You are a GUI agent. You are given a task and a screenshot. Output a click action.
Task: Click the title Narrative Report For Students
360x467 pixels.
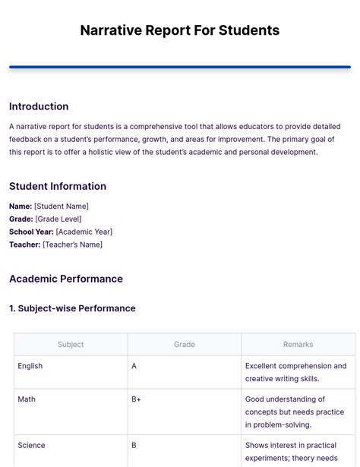click(x=180, y=30)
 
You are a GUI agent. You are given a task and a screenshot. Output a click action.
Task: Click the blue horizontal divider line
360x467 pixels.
click(x=180, y=68)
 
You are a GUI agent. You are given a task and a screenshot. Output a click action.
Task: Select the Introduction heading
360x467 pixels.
click(x=39, y=106)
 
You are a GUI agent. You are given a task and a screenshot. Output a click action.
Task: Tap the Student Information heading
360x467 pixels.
click(x=58, y=186)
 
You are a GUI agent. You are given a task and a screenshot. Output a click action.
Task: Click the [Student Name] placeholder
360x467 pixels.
click(x=62, y=206)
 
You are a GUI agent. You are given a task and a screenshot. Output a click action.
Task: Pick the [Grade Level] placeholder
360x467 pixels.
click(x=58, y=219)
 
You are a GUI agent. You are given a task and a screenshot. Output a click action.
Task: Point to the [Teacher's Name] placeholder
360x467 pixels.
click(x=72, y=245)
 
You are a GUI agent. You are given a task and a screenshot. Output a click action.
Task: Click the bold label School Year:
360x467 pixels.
click(x=30, y=232)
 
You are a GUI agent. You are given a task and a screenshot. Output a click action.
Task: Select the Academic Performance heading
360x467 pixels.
click(x=66, y=279)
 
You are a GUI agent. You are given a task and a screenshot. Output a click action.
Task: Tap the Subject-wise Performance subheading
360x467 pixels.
click(x=77, y=308)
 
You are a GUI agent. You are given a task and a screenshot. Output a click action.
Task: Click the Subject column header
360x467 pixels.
click(x=71, y=344)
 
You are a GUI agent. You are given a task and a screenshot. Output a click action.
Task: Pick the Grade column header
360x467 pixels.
click(x=185, y=344)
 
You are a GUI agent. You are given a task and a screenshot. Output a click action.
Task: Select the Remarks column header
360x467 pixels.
click(x=298, y=344)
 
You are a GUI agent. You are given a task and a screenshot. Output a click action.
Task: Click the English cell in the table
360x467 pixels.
click(x=30, y=366)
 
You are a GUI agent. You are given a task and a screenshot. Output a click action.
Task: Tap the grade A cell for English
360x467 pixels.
click(x=134, y=366)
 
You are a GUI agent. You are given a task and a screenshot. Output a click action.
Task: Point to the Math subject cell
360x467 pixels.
click(x=27, y=399)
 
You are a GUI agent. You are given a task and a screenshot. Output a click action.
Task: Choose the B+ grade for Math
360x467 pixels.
click(x=137, y=399)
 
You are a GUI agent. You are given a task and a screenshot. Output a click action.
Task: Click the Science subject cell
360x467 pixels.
click(x=31, y=446)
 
